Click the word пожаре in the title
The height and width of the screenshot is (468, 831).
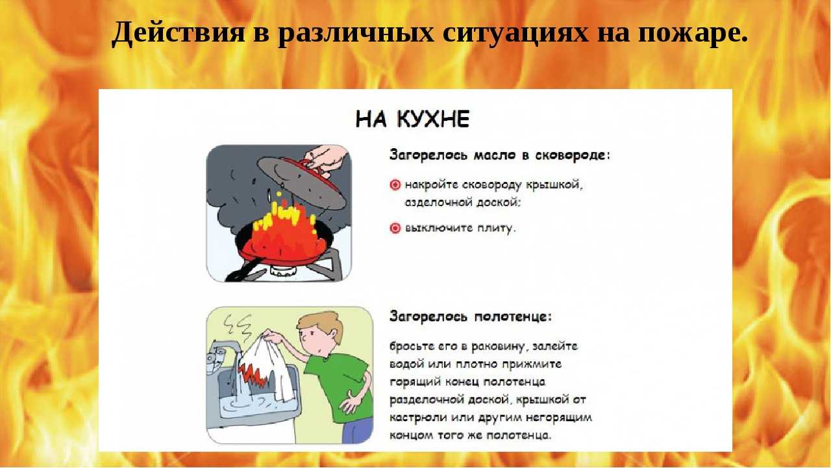pyautogui.click(x=693, y=32)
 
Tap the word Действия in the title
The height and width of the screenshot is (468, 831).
pyautogui.click(x=178, y=32)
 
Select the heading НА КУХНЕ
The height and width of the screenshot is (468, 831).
pyautogui.click(x=412, y=119)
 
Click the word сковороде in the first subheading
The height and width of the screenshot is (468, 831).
pyautogui.click(x=572, y=155)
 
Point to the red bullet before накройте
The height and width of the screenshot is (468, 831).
pyautogui.click(x=395, y=185)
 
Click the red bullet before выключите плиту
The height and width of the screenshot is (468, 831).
pyautogui.click(x=395, y=227)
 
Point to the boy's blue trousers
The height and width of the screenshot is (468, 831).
pyautogui.click(x=357, y=430)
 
